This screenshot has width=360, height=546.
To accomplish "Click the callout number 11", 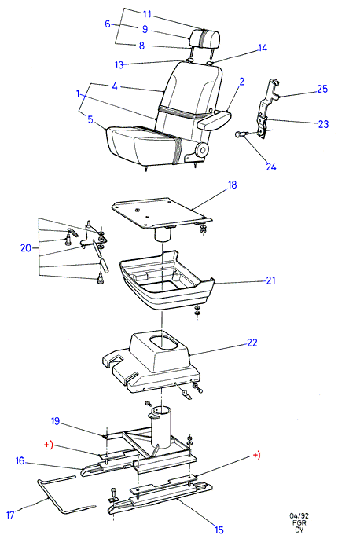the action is (148, 14).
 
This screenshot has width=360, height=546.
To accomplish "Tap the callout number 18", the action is (232, 185).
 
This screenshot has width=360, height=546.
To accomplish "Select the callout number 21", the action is (270, 280).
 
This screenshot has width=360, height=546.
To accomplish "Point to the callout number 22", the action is (252, 343).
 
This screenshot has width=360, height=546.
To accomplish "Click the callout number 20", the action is (26, 248).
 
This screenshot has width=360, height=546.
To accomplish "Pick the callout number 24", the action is (271, 167).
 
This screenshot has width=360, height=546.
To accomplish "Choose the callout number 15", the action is (219, 530).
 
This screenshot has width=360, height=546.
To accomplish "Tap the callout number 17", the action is (10, 515).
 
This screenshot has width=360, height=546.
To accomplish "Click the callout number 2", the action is (241, 82).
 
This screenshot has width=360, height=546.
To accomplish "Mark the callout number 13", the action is (119, 65).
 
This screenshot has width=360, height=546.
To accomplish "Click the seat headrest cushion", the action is (205, 38).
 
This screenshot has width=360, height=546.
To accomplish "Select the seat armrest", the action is (213, 119).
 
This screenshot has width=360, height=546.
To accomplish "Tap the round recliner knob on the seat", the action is (202, 150).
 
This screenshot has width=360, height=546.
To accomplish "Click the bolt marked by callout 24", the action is (241, 134).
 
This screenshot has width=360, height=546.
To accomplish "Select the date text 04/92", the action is (299, 516).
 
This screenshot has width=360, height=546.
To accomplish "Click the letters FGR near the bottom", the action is (299, 523).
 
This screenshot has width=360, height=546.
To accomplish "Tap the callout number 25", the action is (322, 89).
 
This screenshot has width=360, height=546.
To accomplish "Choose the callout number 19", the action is (56, 421).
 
